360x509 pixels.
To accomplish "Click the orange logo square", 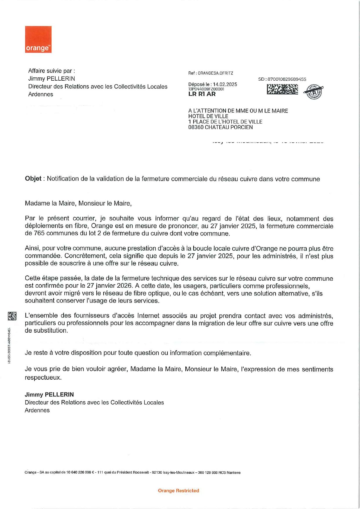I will point(38,39).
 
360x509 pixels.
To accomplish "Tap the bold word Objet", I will point(33,179).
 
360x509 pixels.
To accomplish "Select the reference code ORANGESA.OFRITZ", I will point(216,73).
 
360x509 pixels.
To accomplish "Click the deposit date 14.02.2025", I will point(225,84).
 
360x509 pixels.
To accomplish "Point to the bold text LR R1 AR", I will point(202,94).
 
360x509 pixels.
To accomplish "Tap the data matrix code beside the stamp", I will point(282,89).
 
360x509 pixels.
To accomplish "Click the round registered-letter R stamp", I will point(314,92).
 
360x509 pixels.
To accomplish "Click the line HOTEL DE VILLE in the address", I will point(208,116).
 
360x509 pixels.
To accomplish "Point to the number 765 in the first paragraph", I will point(39,233).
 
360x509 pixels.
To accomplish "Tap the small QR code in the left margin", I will point(12,316).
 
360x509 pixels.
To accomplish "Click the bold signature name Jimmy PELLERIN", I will point(49,394).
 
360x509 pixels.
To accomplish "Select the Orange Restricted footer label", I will point(178,490).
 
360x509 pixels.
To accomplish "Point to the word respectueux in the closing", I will point(43,378).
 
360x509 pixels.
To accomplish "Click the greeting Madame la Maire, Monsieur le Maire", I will point(78,203).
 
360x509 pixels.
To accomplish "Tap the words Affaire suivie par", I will point(51,71).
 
